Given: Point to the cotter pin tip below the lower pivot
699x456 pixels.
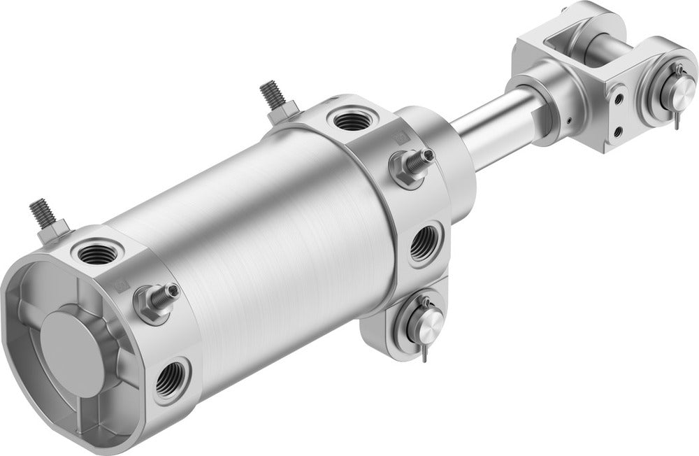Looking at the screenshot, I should (424, 359).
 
